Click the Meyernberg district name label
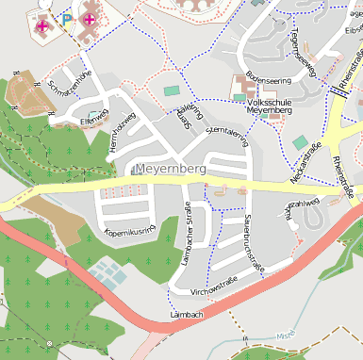170,170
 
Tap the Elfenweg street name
95,121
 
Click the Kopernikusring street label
130,229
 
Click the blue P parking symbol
66,18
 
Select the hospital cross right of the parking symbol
90,19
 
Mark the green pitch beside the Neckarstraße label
299,142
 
